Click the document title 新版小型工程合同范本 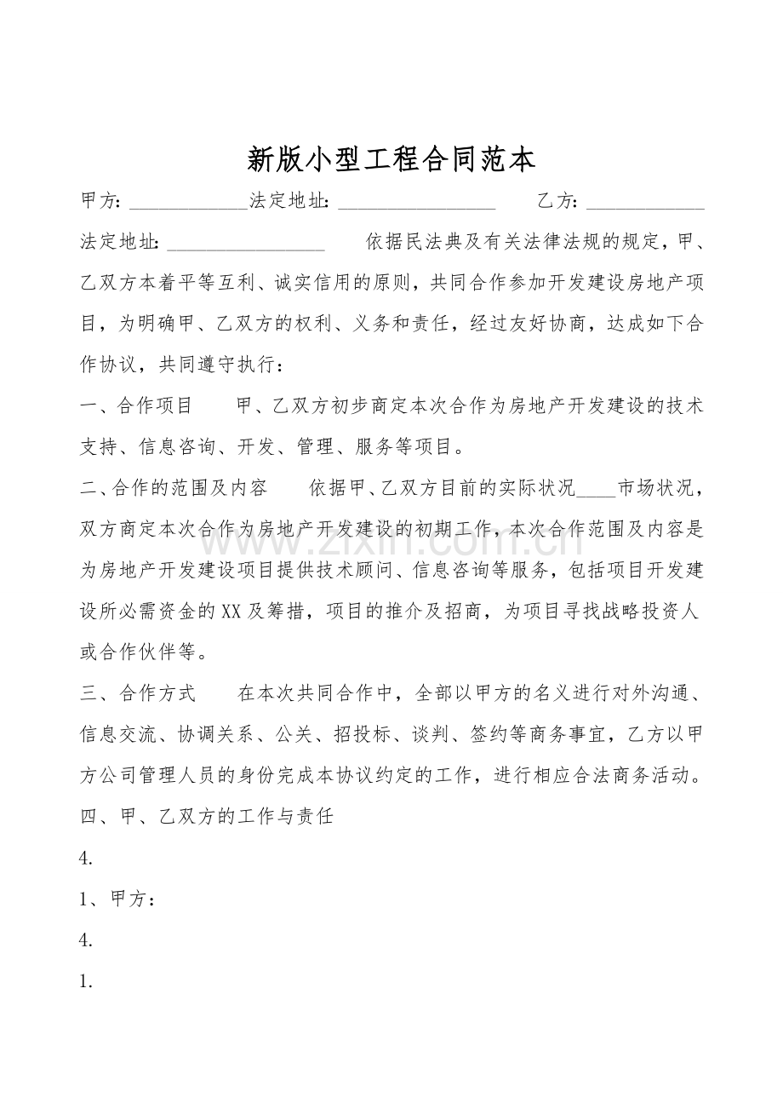tap(391, 158)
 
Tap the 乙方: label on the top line tap(557, 202)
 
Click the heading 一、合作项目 tap(136, 405)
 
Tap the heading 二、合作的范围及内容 tap(174, 488)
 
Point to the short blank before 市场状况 tap(596, 489)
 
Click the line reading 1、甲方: tap(117, 899)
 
